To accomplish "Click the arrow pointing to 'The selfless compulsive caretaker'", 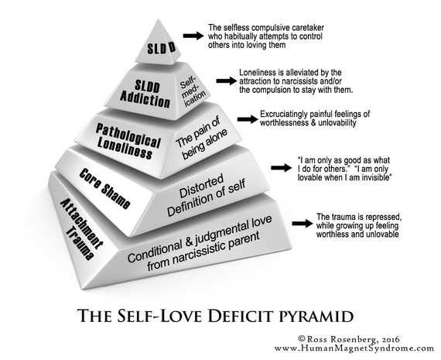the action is click(x=193, y=36).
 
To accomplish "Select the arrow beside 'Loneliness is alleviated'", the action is click(x=227, y=81).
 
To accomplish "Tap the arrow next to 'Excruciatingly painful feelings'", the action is click(x=248, y=119).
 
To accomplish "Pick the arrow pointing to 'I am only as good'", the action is click(x=281, y=168).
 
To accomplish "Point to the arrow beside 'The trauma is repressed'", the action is click(x=303, y=224).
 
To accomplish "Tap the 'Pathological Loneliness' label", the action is click(x=127, y=142).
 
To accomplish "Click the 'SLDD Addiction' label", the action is click(x=145, y=94).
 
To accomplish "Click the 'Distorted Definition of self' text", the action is click(x=207, y=195).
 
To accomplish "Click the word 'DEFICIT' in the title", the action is click(x=241, y=315).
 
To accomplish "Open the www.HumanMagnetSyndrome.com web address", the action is click(x=354, y=348).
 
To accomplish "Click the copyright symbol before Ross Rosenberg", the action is click(x=302, y=338).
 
